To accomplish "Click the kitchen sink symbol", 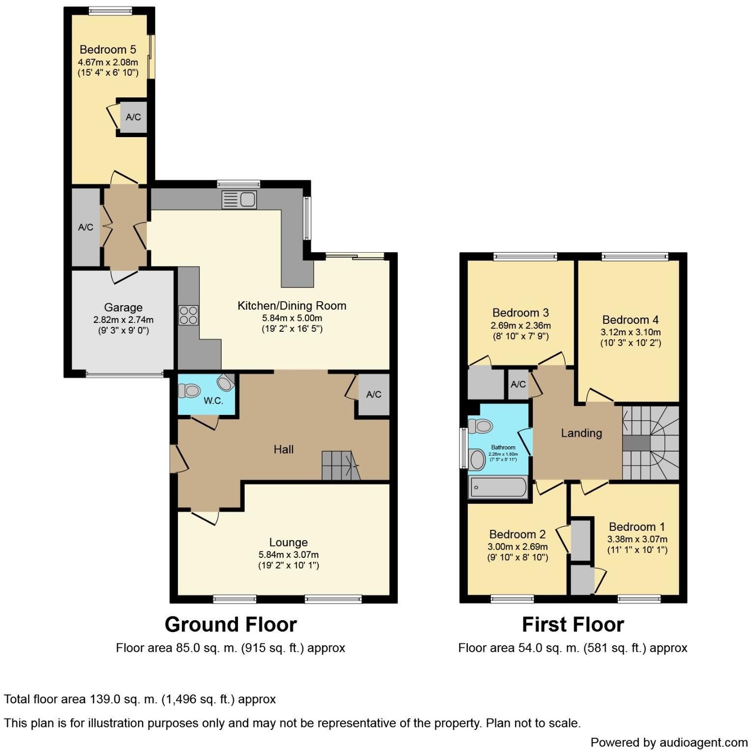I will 239,200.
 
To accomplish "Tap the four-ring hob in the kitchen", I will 188,315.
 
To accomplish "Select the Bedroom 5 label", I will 108,50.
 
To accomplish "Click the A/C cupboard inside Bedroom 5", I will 133,117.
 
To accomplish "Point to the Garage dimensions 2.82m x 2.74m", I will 123,320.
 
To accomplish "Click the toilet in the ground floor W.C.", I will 189,391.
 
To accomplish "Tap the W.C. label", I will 213,401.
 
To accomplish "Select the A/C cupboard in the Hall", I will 374,395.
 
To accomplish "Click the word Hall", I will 284,449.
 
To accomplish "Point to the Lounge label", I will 289,543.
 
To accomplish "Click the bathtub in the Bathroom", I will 498,488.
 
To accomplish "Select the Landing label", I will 581,433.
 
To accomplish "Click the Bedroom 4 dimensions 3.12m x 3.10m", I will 631,332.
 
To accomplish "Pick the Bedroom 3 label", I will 520,313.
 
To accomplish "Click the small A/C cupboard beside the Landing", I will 518,384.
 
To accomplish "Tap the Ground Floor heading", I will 231,625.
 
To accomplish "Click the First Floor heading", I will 573,625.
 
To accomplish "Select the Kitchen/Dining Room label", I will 292,306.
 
